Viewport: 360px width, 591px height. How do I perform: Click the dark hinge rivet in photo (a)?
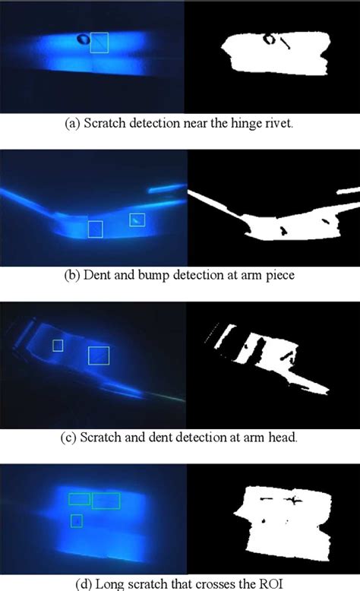pos(81,39)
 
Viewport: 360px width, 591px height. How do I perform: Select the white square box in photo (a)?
pos(99,43)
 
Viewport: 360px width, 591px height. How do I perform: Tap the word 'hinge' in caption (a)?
pos(251,124)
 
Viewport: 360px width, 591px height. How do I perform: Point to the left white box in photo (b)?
pos(95,229)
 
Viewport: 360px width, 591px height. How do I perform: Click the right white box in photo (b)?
pos(137,220)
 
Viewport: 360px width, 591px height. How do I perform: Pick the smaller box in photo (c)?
pos(58,346)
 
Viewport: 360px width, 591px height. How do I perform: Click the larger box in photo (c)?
pos(99,355)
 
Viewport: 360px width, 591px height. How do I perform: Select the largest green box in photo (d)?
pos(106,500)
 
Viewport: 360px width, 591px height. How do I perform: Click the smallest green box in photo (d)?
pos(76,520)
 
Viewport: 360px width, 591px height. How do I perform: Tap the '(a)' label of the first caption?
pos(72,124)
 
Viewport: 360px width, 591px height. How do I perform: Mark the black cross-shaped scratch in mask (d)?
pos(292,499)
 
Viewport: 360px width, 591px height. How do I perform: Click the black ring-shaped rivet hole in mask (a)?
pos(270,38)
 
